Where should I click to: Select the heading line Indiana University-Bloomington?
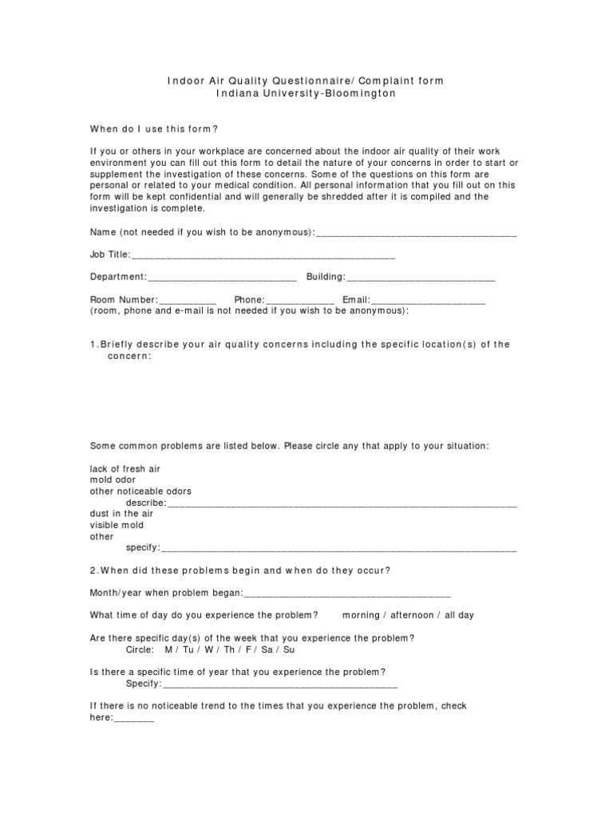click(306, 93)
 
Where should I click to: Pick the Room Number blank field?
click(188, 300)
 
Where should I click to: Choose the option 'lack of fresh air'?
click(125, 469)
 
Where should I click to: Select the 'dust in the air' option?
click(121, 515)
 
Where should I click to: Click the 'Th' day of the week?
click(225, 649)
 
